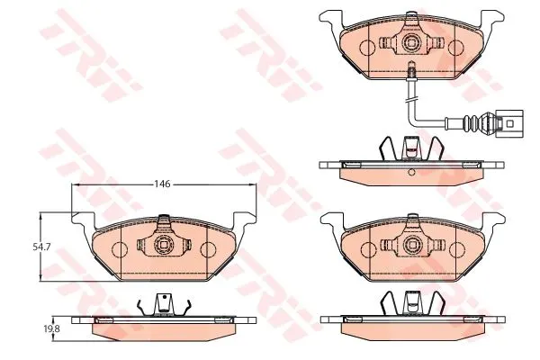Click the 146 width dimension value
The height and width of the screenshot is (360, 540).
point(162,184)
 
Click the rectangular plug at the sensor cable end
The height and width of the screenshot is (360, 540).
point(508,124)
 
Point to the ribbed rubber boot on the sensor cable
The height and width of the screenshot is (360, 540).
point(471,124)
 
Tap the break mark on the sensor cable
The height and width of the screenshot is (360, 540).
point(411,100)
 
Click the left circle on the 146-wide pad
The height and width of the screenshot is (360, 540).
point(120,249)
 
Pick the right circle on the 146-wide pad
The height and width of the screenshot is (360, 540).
point(208,249)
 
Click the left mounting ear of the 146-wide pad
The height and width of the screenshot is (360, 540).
point(83,220)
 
